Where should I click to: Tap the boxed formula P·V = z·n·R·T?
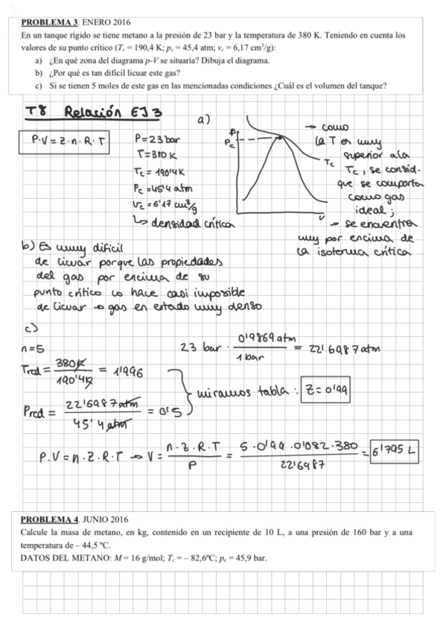point(64,139)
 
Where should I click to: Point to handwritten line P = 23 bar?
point(158,139)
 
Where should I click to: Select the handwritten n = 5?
point(34,347)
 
